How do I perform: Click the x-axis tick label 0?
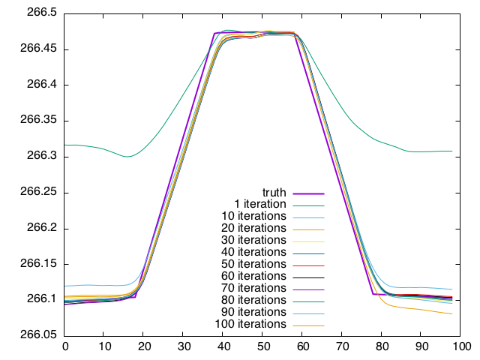(x=65, y=347)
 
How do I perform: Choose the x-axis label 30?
(x=184, y=347)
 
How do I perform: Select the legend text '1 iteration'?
(x=260, y=204)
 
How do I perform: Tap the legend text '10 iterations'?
(x=254, y=216)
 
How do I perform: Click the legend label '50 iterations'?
(x=254, y=264)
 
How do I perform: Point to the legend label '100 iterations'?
(x=251, y=324)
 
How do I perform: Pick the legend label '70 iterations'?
(x=254, y=288)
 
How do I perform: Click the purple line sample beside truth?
(x=307, y=193)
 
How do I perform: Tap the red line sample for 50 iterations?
(x=307, y=265)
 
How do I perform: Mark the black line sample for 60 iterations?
(x=307, y=277)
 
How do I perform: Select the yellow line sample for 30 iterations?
(x=307, y=241)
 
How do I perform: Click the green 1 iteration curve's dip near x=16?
(x=127, y=157)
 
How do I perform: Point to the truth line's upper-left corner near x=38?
(x=215, y=33)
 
